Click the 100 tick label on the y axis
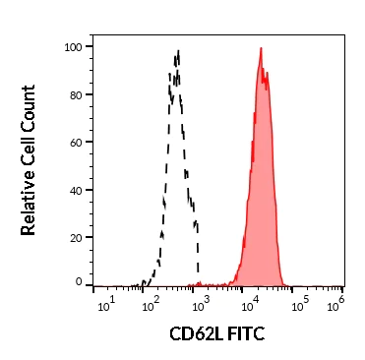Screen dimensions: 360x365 [72, 47]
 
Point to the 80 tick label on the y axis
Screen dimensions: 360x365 [75, 94]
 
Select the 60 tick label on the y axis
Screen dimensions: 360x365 [75, 142]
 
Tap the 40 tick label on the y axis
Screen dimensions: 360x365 [75, 190]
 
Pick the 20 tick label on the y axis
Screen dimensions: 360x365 [75, 237]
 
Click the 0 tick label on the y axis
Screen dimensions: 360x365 [79, 283]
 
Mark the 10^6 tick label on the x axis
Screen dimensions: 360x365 [338, 300]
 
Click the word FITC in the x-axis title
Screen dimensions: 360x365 [247, 334]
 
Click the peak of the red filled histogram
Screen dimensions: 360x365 [261, 48]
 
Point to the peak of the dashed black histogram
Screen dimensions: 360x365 [178, 50]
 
